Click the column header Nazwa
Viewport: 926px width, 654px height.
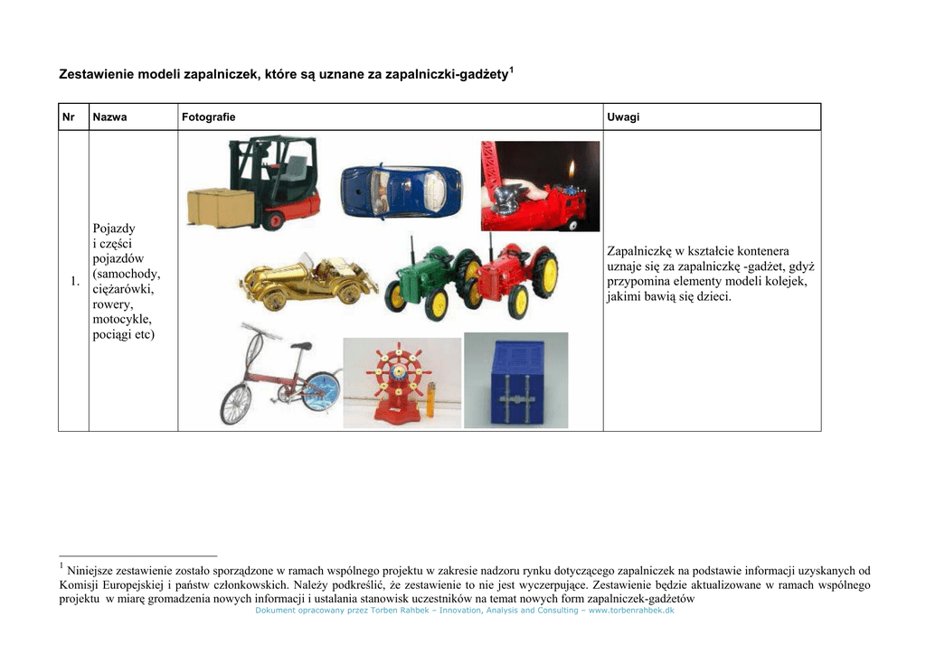pos(109,117)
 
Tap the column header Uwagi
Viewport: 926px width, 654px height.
pos(623,117)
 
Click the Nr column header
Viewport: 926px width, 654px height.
pos(68,117)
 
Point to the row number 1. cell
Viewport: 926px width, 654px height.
pos(75,283)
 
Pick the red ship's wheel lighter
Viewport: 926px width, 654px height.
pos(399,379)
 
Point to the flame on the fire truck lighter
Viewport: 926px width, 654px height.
pos(571,169)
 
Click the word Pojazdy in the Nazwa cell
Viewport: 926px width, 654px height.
pos(114,229)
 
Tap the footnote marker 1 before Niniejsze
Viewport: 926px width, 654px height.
pos(61,566)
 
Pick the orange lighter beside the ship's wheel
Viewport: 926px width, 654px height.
pos(431,397)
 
